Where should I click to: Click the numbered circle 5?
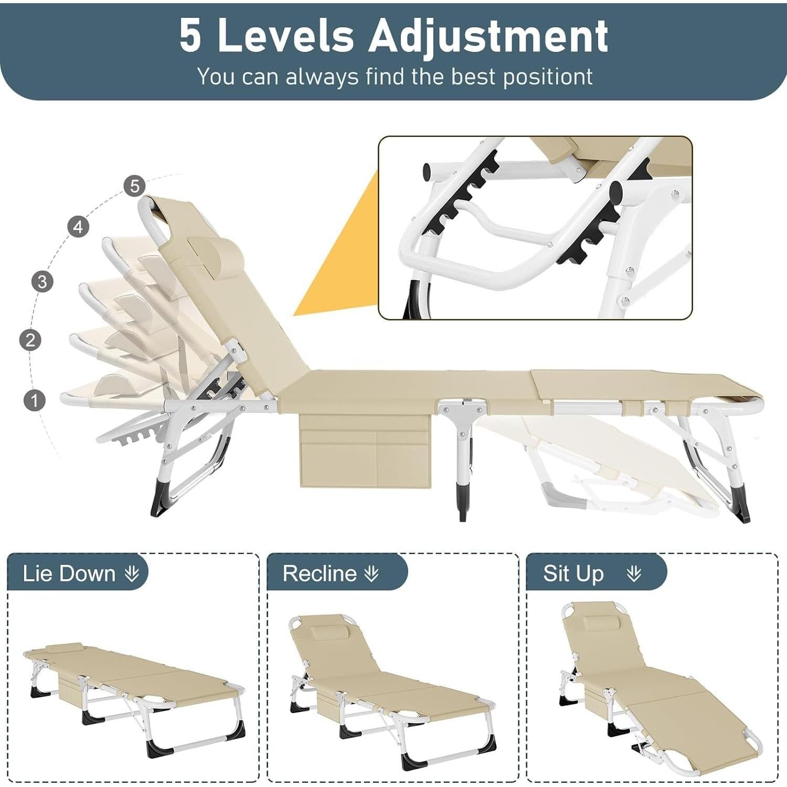pos(135,186)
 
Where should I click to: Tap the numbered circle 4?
pos(78,227)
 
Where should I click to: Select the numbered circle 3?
pos(42,281)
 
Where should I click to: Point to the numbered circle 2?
pos(30,340)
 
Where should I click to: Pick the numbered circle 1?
pos(35,400)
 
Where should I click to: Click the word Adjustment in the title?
pos(488,36)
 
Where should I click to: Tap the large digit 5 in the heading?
pos(190,36)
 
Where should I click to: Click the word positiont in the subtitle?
pos(548,77)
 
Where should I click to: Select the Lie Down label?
pos(69,573)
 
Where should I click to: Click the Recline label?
pos(320,573)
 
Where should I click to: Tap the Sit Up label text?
pos(573,573)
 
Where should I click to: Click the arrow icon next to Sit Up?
pos(634,573)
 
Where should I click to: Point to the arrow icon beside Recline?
pos(371,573)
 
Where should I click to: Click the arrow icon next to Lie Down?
pos(132,573)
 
